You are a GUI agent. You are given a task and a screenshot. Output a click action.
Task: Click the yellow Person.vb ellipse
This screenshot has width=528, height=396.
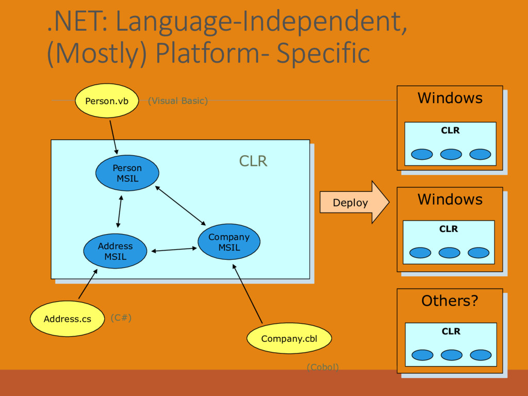(x=107, y=101)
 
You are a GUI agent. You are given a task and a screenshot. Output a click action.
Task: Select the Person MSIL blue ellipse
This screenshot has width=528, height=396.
(x=127, y=173)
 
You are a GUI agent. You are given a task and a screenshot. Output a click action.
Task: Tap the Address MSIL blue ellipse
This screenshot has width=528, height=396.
(x=115, y=251)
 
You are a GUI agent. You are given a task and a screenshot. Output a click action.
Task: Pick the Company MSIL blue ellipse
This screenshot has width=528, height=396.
(x=229, y=242)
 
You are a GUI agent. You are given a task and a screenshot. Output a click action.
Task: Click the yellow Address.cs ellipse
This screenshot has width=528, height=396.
(x=68, y=319)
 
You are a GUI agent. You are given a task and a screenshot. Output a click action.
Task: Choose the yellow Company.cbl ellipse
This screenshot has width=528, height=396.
(x=289, y=338)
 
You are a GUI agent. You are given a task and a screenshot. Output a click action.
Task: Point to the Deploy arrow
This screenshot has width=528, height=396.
(x=355, y=202)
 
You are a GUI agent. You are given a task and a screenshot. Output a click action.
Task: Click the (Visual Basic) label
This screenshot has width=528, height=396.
(x=178, y=101)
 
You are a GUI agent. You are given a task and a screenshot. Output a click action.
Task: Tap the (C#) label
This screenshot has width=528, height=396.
(x=121, y=318)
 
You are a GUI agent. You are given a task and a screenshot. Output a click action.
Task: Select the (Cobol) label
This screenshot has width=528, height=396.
(x=323, y=367)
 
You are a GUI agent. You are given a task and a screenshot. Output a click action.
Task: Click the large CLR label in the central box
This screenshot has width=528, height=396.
(x=253, y=161)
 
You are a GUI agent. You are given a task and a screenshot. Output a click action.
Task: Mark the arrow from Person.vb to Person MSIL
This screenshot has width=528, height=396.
(x=113, y=137)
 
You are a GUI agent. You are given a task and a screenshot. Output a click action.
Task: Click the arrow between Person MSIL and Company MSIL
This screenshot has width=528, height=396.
(x=180, y=205)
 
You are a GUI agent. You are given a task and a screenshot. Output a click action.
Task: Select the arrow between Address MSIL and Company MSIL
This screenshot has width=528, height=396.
(x=174, y=250)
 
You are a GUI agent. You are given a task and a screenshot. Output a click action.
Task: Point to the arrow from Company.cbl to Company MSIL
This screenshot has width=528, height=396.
(x=247, y=293)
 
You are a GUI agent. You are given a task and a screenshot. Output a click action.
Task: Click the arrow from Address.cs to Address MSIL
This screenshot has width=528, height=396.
(x=88, y=284)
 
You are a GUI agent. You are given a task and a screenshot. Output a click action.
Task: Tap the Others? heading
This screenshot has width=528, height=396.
(x=450, y=301)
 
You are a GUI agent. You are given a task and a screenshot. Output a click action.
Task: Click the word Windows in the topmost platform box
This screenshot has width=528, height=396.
(x=450, y=98)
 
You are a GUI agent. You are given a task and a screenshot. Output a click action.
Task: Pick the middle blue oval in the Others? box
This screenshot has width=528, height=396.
(x=452, y=355)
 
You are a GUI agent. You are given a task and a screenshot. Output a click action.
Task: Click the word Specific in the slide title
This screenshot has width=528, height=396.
(x=323, y=53)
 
